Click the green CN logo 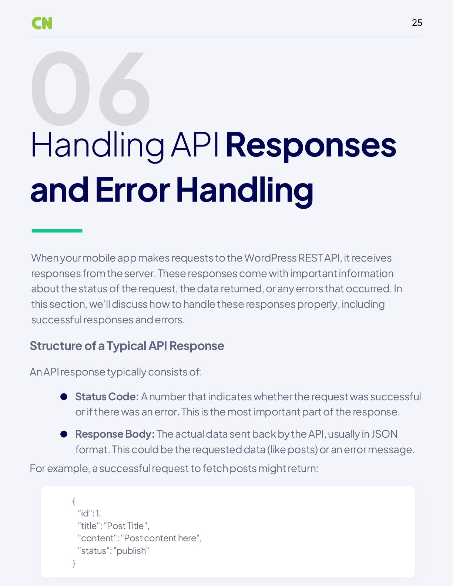click(x=42, y=23)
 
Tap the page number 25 click(x=417, y=23)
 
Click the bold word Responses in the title click(x=311, y=145)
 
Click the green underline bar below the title click(x=57, y=231)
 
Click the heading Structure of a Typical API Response click(x=127, y=346)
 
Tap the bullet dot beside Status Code click(x=64, y=397)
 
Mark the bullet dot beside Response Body click(x=64, y=434)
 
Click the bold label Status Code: click(x=107, y=397)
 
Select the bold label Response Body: click(x=115, y=434)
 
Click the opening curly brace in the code click(x=74, y=501)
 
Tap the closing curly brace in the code click(x=74, y=563)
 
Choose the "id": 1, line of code click(x=89, y=513)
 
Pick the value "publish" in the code click(x=131, y=551)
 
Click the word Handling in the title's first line click(x=98, y=145)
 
